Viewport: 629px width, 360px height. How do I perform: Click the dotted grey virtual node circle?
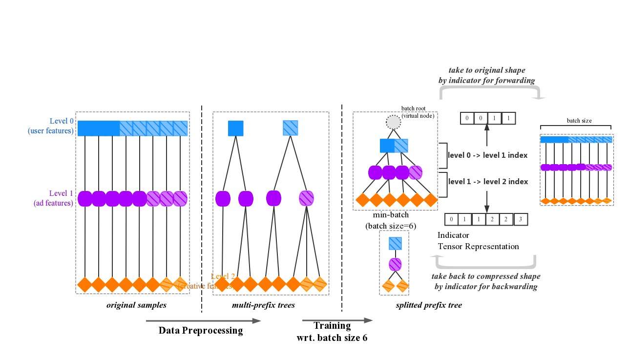pos(393,122)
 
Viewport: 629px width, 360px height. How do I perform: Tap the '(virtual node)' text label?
pos(418,116)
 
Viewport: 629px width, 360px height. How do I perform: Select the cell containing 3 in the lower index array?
pos(521,219)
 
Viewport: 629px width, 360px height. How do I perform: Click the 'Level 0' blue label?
pos(62,121)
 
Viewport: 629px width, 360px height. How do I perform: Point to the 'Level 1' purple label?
pos(62,193)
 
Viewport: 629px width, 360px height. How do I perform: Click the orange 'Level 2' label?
pos(223,276)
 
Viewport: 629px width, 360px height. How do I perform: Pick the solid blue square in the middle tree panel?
pos(235,128)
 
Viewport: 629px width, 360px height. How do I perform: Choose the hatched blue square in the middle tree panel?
pos(291,128)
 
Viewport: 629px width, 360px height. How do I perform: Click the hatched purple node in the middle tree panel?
pos(306,198)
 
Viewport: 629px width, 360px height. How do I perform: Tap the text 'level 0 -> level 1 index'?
pos(487,155)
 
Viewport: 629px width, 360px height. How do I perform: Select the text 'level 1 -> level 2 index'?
pos(488,182)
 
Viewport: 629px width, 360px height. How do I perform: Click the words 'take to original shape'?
pos(487,70)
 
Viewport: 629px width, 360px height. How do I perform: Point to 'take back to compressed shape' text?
pos(486,276)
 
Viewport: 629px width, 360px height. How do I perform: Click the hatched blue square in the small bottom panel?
pos(395,243)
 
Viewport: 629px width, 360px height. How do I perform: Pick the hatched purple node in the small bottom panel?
pos(395,265)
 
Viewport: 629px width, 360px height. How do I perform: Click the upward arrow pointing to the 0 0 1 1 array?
pos(486,134)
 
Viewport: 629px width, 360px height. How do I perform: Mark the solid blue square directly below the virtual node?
pos(387,146)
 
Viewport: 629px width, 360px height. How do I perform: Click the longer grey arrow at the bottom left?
pos(204,321)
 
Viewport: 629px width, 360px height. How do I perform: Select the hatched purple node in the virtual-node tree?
pos(416,172)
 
